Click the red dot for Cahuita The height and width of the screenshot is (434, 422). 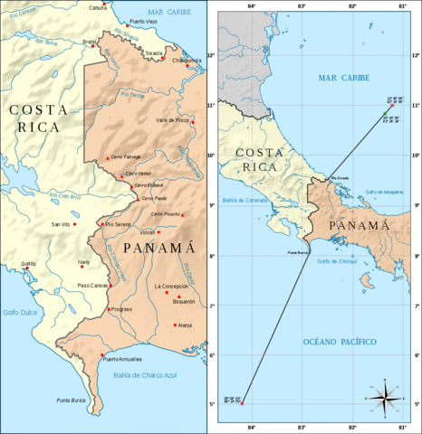[x=105, y=4]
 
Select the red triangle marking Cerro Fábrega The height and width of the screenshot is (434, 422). [x=108, y=157]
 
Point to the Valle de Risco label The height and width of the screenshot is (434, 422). [x=173, y=119]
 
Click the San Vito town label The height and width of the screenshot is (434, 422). [x=61, y=223]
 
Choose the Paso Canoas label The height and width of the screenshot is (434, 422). [x=93, y=286]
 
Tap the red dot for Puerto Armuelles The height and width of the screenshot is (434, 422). [x=103, y=354]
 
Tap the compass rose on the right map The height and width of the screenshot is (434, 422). [x=385, y=398]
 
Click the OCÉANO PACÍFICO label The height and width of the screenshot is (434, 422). [x=333, y=342]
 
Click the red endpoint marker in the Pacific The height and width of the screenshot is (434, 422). [x=242, y=403]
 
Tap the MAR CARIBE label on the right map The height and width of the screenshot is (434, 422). [x=340, y=79]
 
